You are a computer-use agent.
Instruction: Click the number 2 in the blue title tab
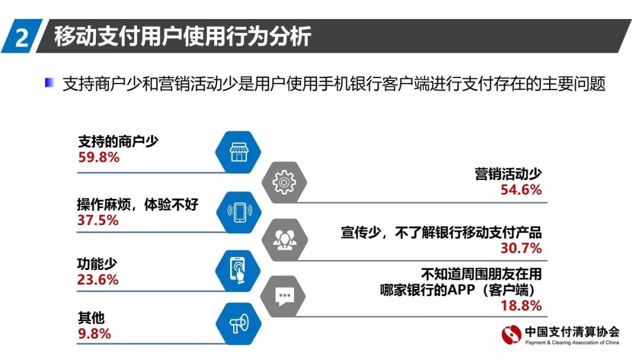pyautogui.click(x=22, y=37)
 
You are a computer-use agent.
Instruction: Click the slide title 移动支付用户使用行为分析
pyautogui.click(x=183, y=36)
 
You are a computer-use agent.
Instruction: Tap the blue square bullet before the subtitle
pyautogui.click(x=49, y=83)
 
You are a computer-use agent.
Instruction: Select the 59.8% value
pyautogui.click(x=99, y=157)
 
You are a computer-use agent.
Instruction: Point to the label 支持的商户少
pyautogui.click(x=118, y=142)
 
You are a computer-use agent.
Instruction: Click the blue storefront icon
pyautogui.click(x=238, y=152)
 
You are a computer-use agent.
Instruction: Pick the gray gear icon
pyautogui.click(x=284, y=182)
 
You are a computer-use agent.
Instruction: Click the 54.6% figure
pyautogui.click(x=521, y=189)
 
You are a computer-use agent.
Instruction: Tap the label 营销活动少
pyautogui.click(x=508, y=174)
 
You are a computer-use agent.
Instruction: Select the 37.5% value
pyautogui.click(x=98, y=220)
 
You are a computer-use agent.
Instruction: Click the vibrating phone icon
pyautogui.click(x=239, y=212)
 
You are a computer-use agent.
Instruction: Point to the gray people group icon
pyautogui.click(x=285, y=240)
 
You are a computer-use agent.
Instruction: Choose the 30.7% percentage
pyautogui.click(x=521, y=248)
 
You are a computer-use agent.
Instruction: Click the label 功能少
pyautogui.click(x=98, y=264)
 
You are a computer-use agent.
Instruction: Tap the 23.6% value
pyautogui.click(x=98, y=279)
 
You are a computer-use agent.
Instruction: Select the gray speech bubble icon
pyautogui.click(x=284, y=296)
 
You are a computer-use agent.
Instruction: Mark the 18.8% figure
pyautogui.click(x=521, y=306)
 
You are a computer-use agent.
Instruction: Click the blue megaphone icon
pyautogui.click(x=239, y=324)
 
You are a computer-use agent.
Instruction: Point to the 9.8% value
pyautogui.click(x=94, y=334)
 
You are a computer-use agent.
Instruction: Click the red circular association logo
pyautogui.click(x=511, y=335)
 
